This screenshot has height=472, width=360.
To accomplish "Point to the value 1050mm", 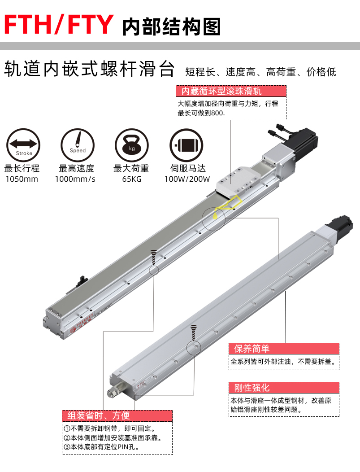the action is pyautogui.click(x=22, y=179).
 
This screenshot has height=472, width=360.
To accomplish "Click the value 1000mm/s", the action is pyautogui.click(x=75, y=179).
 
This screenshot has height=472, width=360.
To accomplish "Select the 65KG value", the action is pyautogui.click(x=132, y=179).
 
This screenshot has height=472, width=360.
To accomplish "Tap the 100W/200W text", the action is pyautogui.click(x=187, y=179).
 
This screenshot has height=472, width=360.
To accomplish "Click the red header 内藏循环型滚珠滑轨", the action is pyautogui.click(x=221, y=91).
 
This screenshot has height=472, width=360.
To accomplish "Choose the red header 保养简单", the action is pyautogui.click(x=252, y=349).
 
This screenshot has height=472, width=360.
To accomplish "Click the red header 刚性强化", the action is pyautogui.click(x=252, y=388).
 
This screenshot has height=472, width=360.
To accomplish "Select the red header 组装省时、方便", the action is pyautogui.click(x=99, y=416).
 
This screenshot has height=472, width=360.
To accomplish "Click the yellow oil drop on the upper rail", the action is pyautogui.click(x=215, y=215).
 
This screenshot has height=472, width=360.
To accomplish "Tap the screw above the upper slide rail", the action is pyautogui.click(x=154, y=257).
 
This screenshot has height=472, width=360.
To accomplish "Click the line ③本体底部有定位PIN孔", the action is pyautogui.click(x=101, y=447).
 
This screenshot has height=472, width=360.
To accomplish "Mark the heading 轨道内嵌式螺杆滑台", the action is pyautogui.click(x=89, y=69).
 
